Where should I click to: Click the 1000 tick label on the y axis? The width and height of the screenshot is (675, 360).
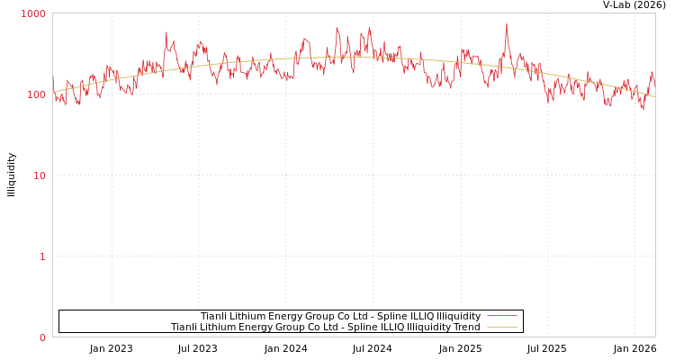33,13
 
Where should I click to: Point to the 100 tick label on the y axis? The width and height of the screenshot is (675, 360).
35,94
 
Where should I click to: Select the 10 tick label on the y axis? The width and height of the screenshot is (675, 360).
39,175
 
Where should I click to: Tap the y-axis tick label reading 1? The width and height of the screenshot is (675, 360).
41,256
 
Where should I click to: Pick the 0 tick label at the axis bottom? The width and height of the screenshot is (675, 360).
41,337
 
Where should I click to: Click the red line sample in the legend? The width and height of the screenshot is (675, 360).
502,316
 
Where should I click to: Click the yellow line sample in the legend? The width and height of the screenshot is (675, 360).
502,327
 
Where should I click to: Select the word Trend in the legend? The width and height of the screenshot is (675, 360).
464,327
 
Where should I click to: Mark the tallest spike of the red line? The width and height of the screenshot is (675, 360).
506,24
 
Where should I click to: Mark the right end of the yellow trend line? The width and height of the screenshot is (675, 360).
655,97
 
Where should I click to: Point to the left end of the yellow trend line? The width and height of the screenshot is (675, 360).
53,92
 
